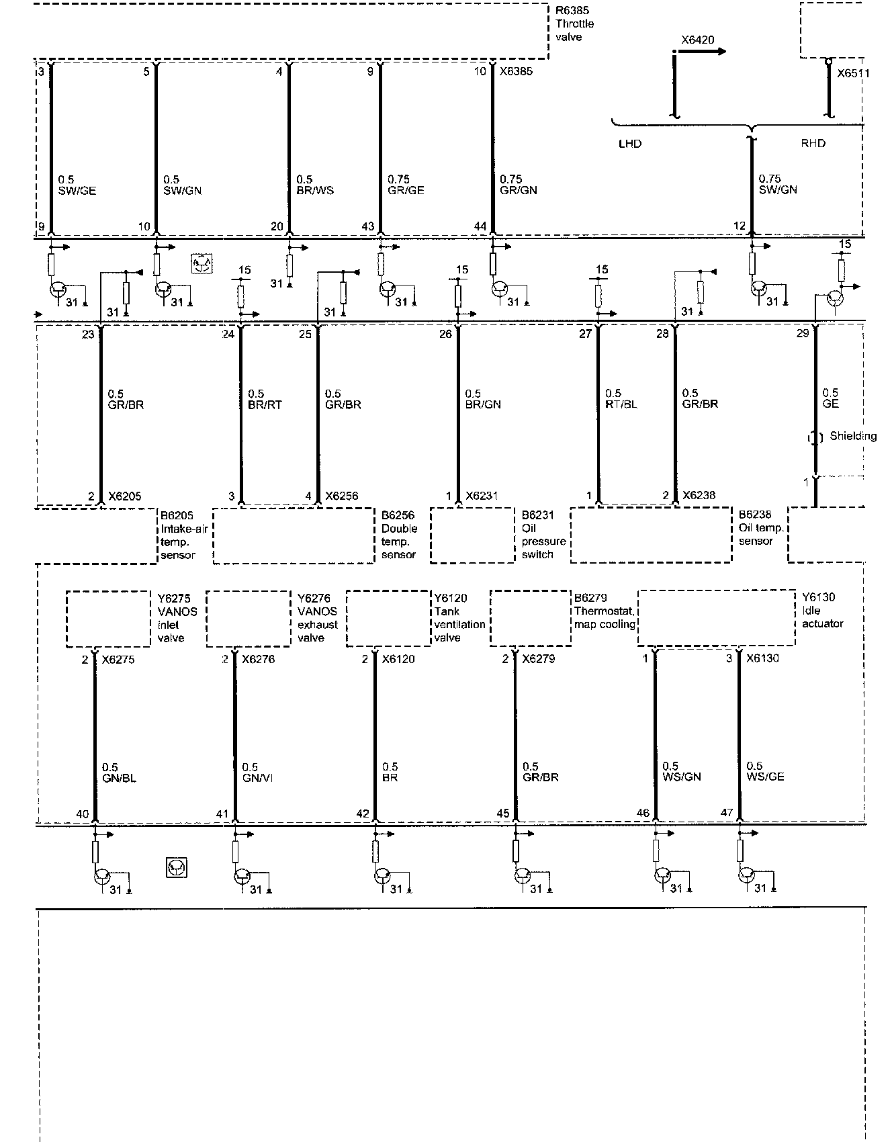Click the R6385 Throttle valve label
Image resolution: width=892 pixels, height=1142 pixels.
[x=574, y=24]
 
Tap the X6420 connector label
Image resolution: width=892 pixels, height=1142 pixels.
[x=697, y=40]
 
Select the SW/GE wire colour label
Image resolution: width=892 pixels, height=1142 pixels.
[x=77, y=191]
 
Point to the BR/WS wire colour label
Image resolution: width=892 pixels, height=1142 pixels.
[x=315, y=191]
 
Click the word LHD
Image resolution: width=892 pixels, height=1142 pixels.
[x=629, y=144]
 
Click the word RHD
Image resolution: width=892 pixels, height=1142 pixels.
[x=813, y=144]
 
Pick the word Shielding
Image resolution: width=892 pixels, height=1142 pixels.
[x=853, y=436]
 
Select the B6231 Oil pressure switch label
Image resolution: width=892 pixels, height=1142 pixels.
[x=543, y=535]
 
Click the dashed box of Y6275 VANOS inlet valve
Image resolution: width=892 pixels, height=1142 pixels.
[x=108, y=619]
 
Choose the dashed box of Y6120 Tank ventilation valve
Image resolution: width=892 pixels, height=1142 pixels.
[x=388, y=619]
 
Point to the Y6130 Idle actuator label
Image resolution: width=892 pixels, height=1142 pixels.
[x=822, y=611]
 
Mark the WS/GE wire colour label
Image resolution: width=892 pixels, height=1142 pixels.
[x=765, y=777]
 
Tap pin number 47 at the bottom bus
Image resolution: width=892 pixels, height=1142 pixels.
[x=726, y=813]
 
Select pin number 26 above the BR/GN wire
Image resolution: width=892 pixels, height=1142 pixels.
[x=445, y=334]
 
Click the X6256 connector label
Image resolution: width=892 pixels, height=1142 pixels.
[x=341, y=496]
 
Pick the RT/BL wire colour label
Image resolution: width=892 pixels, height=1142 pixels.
[x=621, y=404]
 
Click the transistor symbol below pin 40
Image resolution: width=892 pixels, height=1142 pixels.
[x=101, y=876]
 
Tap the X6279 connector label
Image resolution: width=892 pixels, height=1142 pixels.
[x=539, y=659]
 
